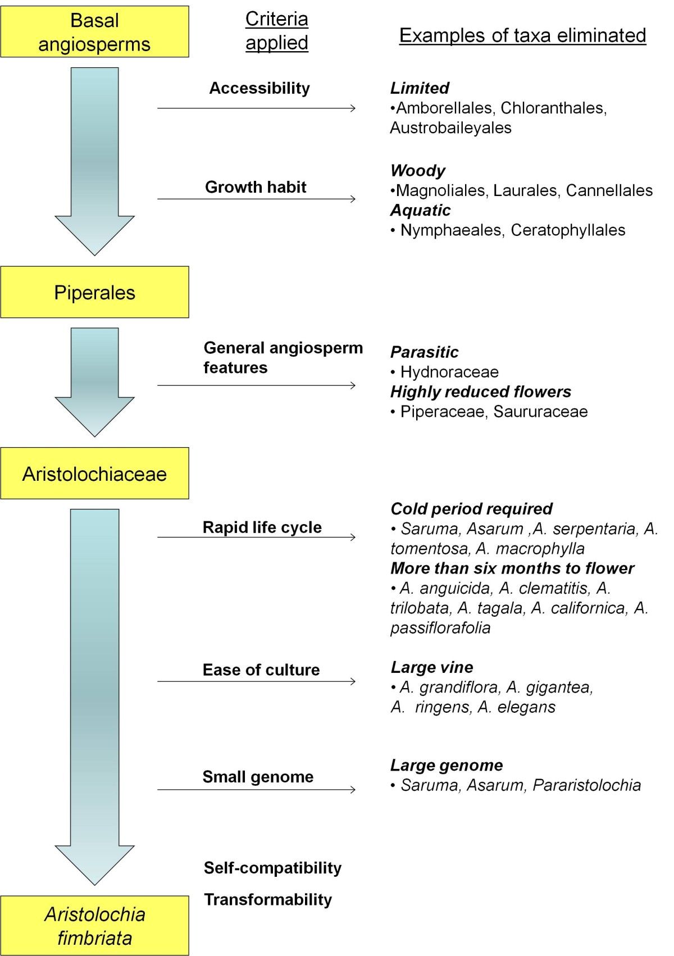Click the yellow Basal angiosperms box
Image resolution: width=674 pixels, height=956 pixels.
94,32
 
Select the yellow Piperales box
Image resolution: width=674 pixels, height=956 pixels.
94,293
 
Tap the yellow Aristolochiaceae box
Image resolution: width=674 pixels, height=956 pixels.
94,474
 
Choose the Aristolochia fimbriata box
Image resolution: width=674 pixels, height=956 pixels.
94,926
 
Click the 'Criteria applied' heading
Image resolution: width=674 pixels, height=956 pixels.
277,31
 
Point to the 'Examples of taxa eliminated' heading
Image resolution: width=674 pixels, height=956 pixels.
522,35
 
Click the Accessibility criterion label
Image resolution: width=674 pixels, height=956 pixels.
259,88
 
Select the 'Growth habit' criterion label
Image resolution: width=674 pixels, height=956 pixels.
256,187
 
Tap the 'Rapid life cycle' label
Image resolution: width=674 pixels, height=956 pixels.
262,527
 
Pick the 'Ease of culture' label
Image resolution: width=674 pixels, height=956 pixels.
261,670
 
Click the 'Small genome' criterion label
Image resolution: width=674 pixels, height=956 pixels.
258,777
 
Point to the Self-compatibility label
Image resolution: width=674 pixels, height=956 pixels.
272,868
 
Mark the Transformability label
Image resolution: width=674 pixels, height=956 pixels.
268,899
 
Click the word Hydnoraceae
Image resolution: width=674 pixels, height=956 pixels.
449,372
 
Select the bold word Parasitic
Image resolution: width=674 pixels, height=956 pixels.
424,352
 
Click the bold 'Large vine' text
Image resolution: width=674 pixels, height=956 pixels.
432,667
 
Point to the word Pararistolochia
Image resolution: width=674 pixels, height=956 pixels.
586,785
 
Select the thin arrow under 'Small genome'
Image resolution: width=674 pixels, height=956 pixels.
257,790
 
